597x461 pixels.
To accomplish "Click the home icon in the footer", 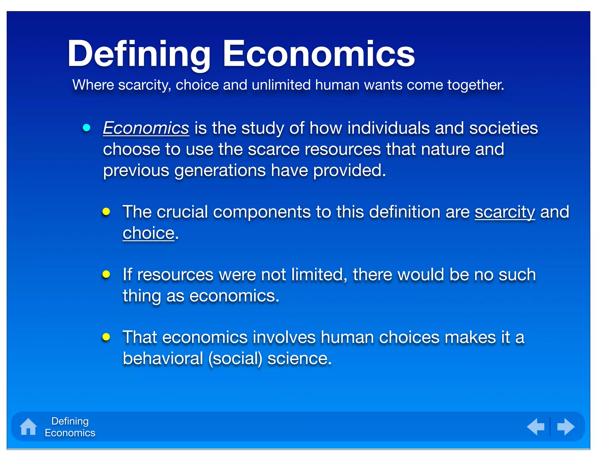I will [x=28, y=427].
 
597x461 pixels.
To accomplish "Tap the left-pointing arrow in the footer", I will [x=536, y=427].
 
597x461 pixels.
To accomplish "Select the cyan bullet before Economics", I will [x=87, y=128].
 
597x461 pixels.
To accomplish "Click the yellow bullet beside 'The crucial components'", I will [x=106, y=212].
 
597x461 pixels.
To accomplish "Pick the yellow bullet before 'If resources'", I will [x=106, y=274].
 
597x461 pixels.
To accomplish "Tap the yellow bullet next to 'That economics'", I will [x=106, y=337].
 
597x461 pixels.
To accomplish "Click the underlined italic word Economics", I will [x=146, y=128].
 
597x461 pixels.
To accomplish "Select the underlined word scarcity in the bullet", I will [x=505, y=212].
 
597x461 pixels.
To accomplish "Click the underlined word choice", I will [x=148, y=233].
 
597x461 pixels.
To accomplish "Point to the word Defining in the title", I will [x=139, y=54].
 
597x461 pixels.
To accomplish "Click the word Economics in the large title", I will [x=319, y=54].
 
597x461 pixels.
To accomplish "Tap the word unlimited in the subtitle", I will [x=281, y=85].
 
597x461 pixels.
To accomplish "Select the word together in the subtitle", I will [x=475, y=85].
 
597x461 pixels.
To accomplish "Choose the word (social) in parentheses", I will [x=235, y=358].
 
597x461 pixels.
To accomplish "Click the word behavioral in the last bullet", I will [x=163, y=358].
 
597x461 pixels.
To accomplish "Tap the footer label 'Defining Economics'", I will [x=70, y=427].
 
